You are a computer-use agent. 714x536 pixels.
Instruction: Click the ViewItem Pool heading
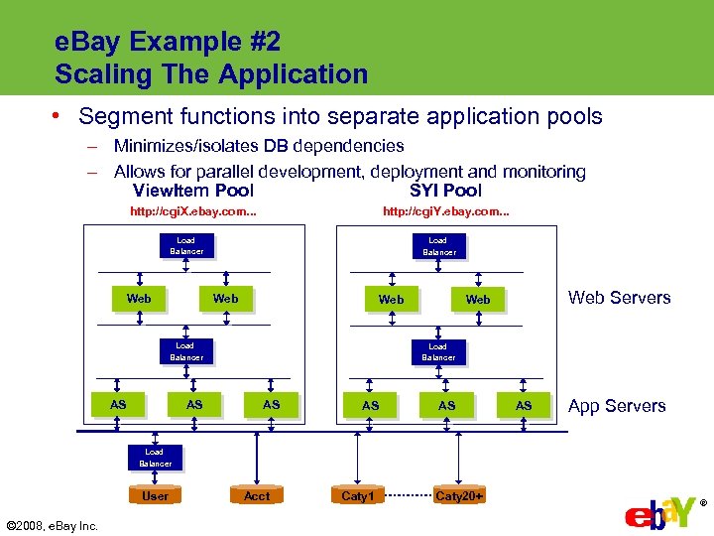tap(193, 191)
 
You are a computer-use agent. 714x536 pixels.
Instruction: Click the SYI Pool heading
tap(445, 191)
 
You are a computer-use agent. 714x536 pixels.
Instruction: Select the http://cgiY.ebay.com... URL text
tap(446, 212)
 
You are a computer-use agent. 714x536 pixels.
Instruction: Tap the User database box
tap(156, 495)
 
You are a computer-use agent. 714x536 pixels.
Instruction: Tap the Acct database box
tap(257, 495)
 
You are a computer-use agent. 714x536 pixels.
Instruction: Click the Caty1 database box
tap(358, 495)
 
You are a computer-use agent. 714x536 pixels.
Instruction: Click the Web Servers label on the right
tap(619, 298)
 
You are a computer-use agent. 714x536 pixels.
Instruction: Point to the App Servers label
tap(617, 406)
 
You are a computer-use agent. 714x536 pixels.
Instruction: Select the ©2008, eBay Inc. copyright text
tap(52, 525)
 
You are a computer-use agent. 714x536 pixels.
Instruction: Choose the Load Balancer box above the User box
tap(156, 458)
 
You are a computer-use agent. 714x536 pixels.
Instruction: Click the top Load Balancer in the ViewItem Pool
tap(186, 246)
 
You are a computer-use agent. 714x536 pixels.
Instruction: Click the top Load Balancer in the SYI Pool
tap(438, 246)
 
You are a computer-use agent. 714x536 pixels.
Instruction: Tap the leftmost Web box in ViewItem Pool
tap(140, 298)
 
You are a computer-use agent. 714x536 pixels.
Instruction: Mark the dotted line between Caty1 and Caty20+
tap(408, 495)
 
